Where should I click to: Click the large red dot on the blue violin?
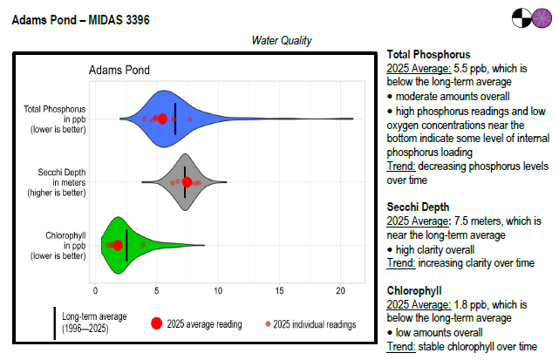[161, 119]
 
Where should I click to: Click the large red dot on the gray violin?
[187, 182]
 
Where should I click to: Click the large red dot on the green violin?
[117, 246]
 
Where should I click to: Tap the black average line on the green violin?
[127, 245]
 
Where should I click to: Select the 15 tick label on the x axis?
[279, 289]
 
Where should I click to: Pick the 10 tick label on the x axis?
[218, 289]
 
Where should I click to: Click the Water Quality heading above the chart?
[282, 40]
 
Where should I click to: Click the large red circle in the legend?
[156, 323]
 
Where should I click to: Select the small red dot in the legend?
[267, 324]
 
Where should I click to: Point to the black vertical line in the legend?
[55, 323]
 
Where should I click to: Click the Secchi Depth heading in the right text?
[419, 207]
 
